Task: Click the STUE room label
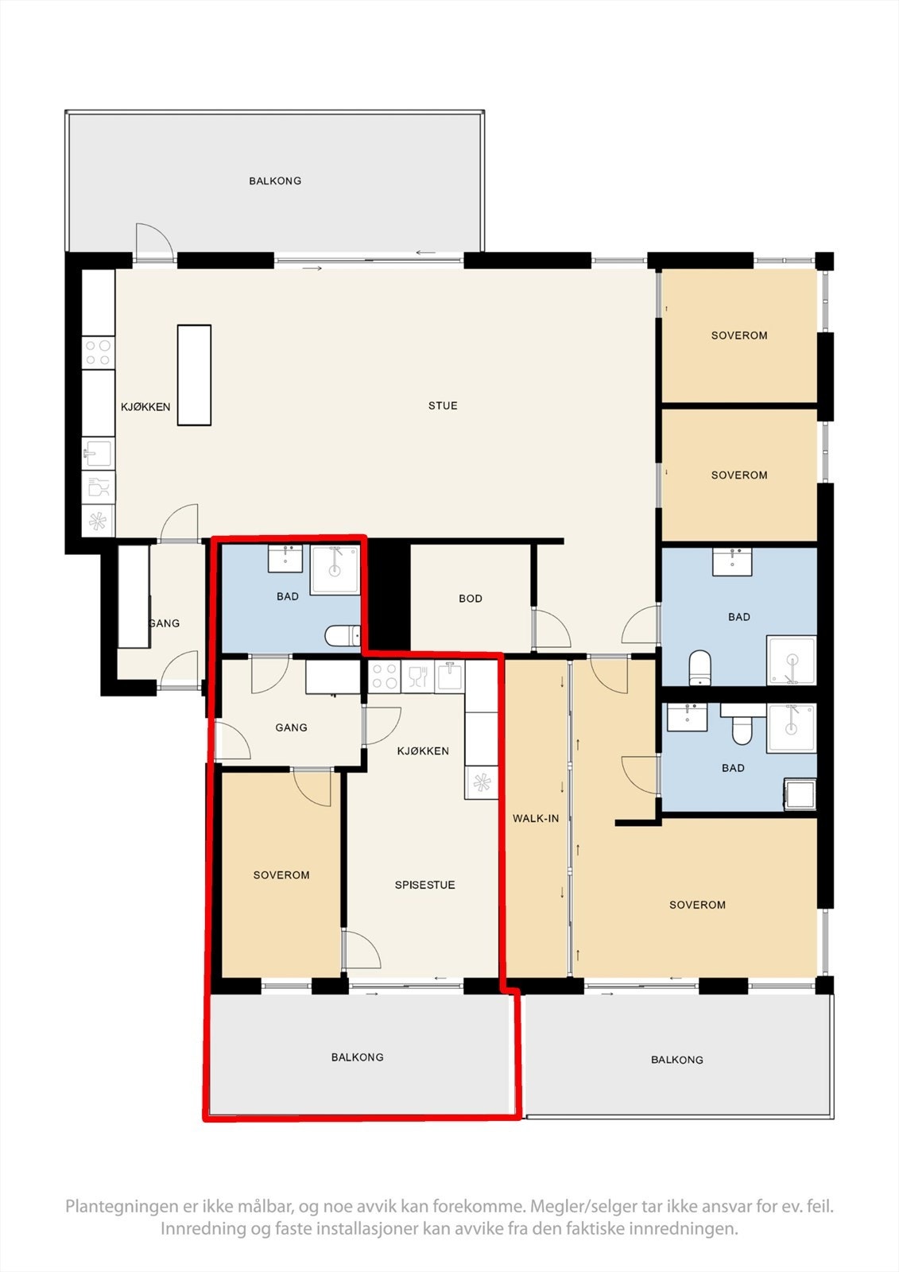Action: pyautogui.click(x=443, y=405)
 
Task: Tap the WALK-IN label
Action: pyautogui.click(x=536, y=818)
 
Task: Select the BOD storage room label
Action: pyautogui.click(x=471, y=598)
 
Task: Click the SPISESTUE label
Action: pyautogui.click(x=424, y=885)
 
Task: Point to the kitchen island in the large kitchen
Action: pyautogui.click(x=194, y=374)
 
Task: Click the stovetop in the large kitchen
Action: pyautogui.click(x=99, y=353)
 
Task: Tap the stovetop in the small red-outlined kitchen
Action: pyautogui.click(x=385, y=677)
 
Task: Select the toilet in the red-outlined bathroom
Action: pyautogui.click(x=343, y=636)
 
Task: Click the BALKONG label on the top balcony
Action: pyautogui.click(x=275, y=180)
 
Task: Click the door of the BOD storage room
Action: pyautogui.click(x=552, y=628)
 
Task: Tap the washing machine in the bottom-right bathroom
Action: pyautogui.click(x=800, y=794)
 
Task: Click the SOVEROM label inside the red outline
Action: pyautogui.click(x=281, y=875)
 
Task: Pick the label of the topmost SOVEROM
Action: pyautogui.click(x=739, y=335)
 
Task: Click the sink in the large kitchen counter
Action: pyautogui.click(x=99, y=453)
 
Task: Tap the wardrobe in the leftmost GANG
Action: pyautogui.click(x=134, y=596)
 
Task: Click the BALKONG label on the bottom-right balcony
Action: pyautogui.click(x=677, y=1060)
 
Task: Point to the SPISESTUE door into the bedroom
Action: pyautogui.click(x=361, y=949)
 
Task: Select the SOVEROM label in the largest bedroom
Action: pyautogui.click(x=697, y=905)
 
